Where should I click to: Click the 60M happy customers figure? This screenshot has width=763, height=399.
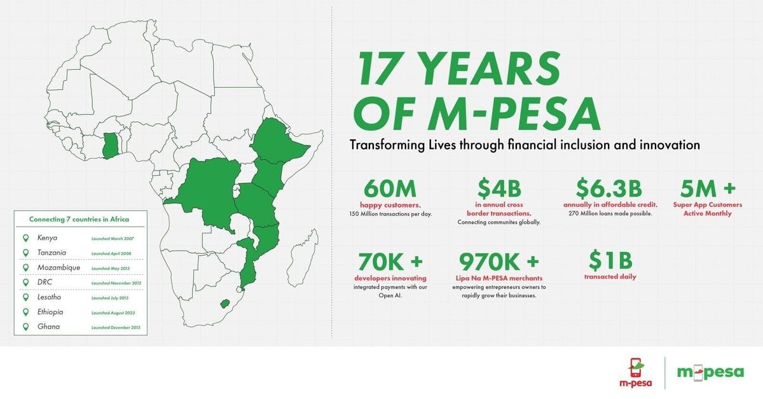click(390, 189)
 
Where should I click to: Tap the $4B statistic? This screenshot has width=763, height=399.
click(499, 189)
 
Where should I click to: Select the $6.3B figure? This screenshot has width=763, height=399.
click(608, 189)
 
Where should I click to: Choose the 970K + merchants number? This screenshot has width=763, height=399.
click(499, 262)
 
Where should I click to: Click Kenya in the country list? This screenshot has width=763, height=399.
click(48, 238)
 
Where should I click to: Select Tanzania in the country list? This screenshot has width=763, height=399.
click(52, 253)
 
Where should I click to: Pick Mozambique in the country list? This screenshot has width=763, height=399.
click(58, 268)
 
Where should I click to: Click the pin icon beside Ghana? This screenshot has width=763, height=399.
click(25, 327)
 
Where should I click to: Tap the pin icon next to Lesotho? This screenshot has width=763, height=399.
click(25, 297)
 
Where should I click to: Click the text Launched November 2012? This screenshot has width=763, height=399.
click(117, 283)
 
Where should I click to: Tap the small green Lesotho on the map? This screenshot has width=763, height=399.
click(224, 302)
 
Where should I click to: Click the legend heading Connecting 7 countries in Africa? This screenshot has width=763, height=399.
click(79, 220)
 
